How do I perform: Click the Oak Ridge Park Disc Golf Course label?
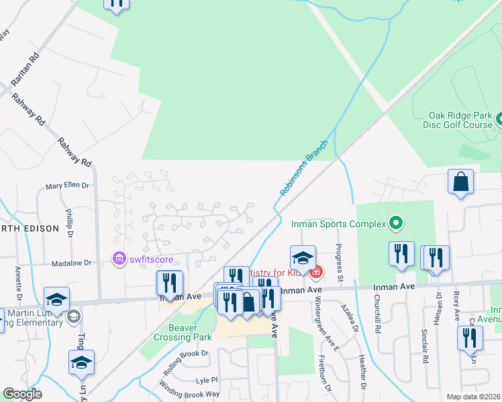pos(458,120)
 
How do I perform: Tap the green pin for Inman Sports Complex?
pos(396,223)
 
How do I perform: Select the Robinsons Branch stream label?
pos(304,168)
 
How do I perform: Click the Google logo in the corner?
pos(22,394)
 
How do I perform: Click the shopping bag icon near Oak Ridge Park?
pos(461,181)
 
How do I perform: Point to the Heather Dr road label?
pos(362,372)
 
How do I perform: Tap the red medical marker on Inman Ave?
pos(316,271)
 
